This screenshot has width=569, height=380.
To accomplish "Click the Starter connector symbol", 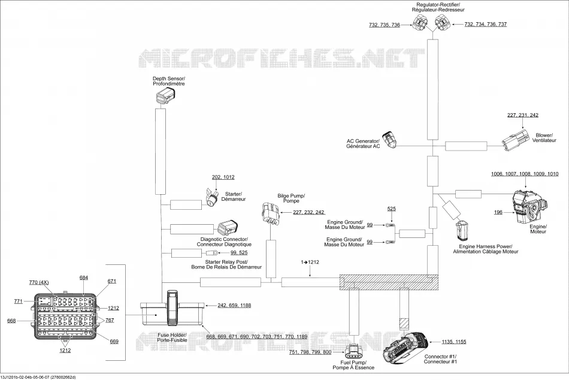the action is (212, 197).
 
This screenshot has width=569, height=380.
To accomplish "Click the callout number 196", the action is (498, 212).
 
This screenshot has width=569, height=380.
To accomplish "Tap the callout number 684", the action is (84, 278).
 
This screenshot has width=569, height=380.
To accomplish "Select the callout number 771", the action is (19, 301).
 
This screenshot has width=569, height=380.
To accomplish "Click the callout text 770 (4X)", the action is (39, 282).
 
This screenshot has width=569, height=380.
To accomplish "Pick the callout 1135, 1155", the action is (454, 342).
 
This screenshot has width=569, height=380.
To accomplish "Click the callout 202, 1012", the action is (223, 177).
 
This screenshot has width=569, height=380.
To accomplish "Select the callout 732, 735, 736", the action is (385, 25).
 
